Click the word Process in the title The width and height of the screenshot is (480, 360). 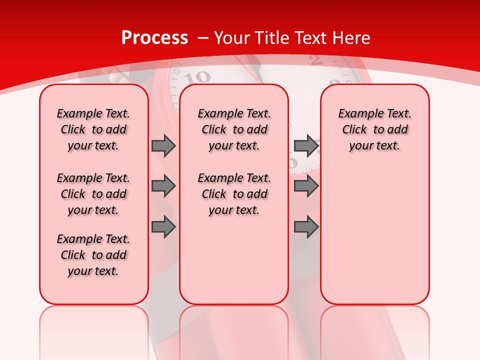(154, 38)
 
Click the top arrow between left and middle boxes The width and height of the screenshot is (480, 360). (163, 145)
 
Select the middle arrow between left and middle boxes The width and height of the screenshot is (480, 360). (163, 186)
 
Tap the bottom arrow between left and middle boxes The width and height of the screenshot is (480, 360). (163, 227)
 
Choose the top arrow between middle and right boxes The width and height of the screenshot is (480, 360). (306, 145)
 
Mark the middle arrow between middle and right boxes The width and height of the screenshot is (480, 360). (306, 186)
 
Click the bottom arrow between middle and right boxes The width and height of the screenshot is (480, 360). (306, 227)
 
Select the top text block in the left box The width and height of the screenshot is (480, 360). (93, 129)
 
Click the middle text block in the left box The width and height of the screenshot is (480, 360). (93, 194)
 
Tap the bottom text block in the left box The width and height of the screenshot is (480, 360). (93, 255)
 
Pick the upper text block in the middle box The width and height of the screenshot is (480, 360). (234, 129)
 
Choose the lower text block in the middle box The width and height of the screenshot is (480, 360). (234, 194)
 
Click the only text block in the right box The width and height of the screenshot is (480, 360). (375, 129)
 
